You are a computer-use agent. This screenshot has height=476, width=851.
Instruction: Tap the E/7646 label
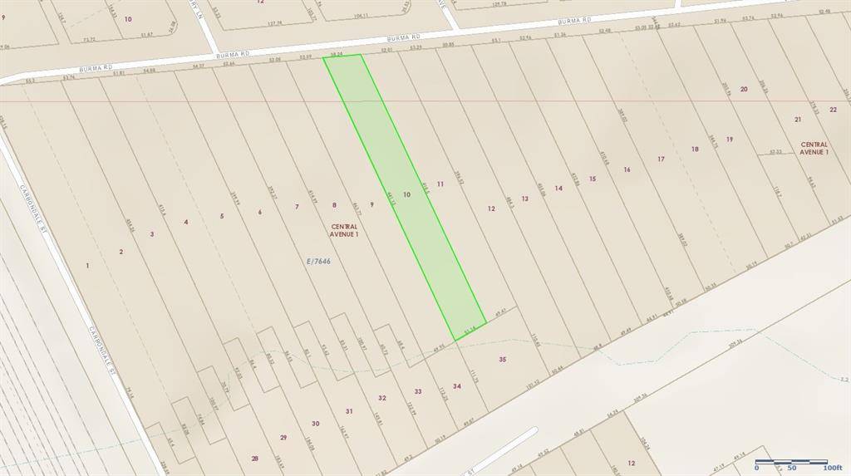(318, 261)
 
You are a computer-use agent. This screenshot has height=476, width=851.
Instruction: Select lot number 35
(503, 359)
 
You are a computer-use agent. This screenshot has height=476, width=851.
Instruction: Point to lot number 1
(87, 265)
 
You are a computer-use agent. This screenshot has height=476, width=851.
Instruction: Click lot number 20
(744, 89)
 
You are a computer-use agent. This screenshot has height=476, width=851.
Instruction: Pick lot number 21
(798, 120)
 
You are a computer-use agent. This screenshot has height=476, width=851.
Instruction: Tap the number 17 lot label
(661, 159)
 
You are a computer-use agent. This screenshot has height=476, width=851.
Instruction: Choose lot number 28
(254, 458)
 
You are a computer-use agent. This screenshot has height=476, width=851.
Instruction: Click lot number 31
(349, 411)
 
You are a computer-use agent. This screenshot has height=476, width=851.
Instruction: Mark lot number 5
(222, 216)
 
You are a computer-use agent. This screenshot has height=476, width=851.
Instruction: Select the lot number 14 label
(558, 188)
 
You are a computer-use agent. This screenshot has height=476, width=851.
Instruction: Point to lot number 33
(418, 391)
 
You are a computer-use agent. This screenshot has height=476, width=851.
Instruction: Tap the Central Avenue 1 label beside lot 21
(814, 148)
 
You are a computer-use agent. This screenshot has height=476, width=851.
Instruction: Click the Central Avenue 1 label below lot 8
(344, 230)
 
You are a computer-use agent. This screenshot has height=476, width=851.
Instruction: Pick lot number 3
(152, 234)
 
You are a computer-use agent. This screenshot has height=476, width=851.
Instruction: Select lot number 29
(283, 437)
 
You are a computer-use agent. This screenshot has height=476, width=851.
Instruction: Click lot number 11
(440, 183)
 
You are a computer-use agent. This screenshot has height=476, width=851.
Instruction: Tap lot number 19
(729, 139)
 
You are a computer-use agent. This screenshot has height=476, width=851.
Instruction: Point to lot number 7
(296, 206)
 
